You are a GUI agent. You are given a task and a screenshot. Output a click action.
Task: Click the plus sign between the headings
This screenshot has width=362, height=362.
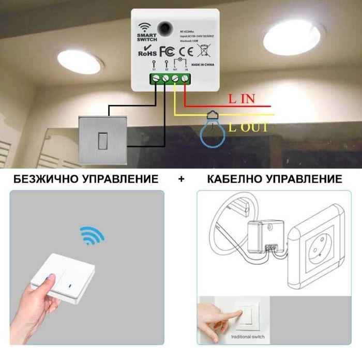181,179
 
